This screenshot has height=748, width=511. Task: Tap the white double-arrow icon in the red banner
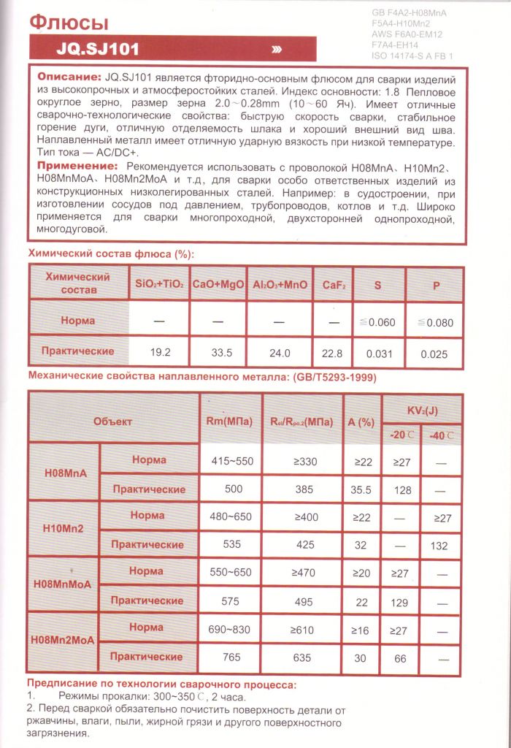click(x=277, y=50)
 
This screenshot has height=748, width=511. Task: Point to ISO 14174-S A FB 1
click(x=412, y=56)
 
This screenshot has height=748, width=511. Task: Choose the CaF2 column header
click(x=334, y=284)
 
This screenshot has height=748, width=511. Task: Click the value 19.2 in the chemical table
click(x=160, y=352)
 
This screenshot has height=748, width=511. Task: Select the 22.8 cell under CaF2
click(x=333, y=353)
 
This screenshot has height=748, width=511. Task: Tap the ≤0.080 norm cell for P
click(x=436, y=322)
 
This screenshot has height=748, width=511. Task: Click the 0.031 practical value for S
click(x=377, y=354)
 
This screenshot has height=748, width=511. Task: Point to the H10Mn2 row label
click(x=64, y=528)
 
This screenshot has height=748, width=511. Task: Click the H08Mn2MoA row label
click(x=64, y=641)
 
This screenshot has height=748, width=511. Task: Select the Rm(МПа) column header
click(x=231, y=421)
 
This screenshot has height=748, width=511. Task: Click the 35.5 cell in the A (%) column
click(x=361, y=489)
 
